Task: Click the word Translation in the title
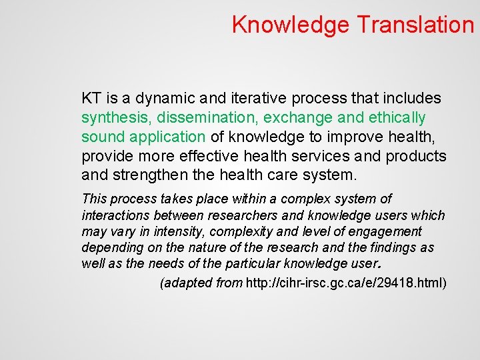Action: point(415,25)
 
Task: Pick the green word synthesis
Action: point(116,118)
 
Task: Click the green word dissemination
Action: point(207,118)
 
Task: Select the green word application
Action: point(169,137)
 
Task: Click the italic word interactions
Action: point(117,215)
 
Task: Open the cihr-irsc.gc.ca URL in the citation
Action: point(346,283)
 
